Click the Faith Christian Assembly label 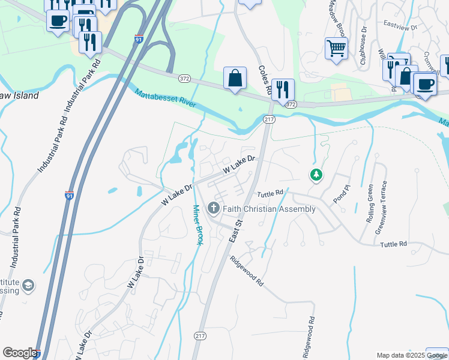pyautogui.click(x=269, y=209)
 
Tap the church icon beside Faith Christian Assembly pyautogui.click(x=213, y=209)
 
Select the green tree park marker pyautogui.click(x=316, y=175)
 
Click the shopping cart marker pyautogui.click(x=336, y=48)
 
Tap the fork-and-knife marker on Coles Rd pyautogui.click(x=283, y=90)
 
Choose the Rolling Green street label pyautogui.click(x=370, y=205)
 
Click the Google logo pyautogui.click(x=19, y=353)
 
